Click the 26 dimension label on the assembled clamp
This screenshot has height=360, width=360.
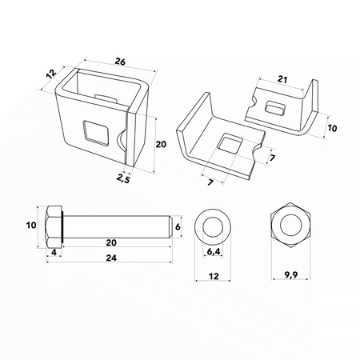120,62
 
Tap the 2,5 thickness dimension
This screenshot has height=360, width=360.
123,178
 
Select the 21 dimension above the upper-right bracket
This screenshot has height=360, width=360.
282,79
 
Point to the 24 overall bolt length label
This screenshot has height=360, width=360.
111,258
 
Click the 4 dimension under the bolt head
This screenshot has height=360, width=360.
54,252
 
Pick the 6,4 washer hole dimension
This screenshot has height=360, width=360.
214,251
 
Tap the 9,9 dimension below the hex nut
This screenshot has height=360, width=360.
290,274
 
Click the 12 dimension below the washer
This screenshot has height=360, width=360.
214,276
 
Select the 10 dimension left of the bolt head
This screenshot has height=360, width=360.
31,226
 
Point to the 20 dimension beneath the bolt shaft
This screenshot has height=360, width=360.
111,242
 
